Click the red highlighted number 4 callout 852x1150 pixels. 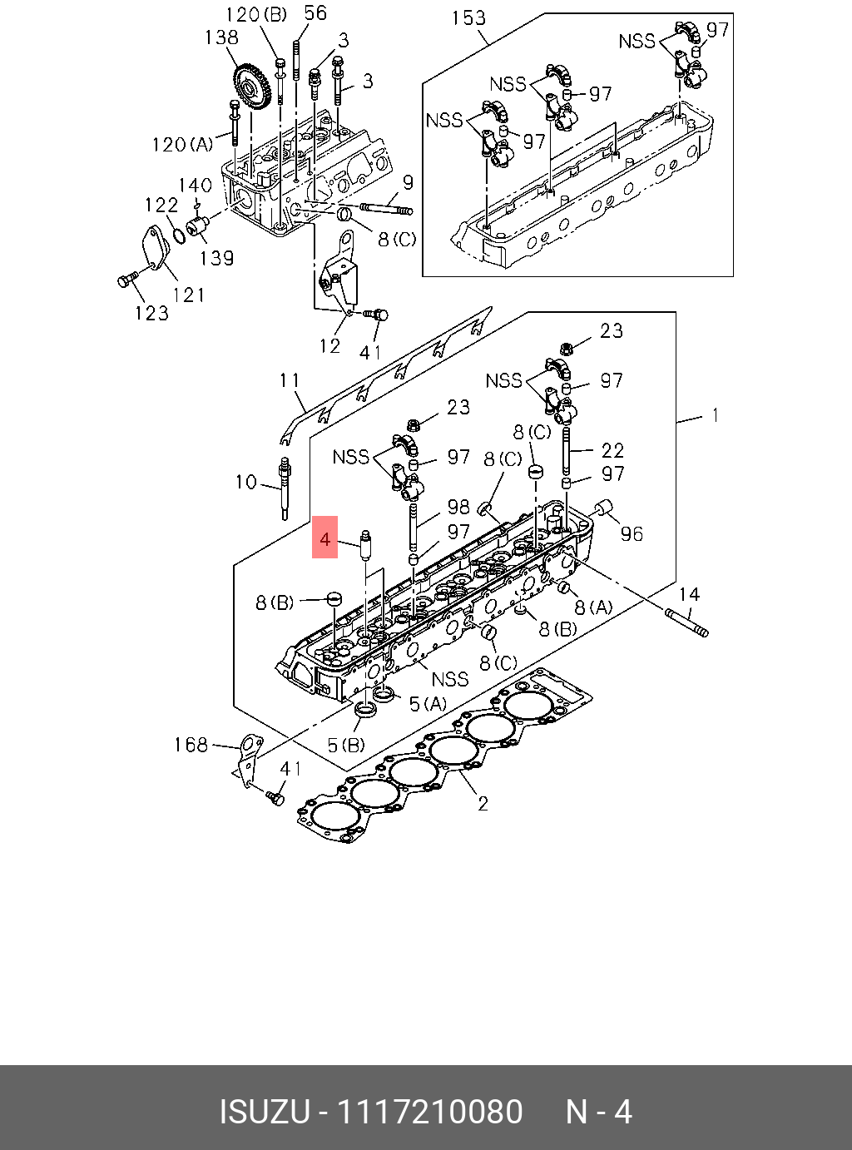click(324, 538)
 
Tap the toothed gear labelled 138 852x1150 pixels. click(251, 87)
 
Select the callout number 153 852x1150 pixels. click(468, 17)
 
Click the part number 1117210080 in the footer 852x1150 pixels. click(428, 1112)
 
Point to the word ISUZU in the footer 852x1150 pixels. click(265, 1112)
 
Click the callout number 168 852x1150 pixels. click(190, 744)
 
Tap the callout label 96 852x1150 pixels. click(632, 533)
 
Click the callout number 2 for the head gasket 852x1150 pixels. click(483, 804)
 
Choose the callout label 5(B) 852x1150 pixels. click(346, 745)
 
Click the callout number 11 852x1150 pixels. click(290, 380)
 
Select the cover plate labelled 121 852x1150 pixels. click(156, 250)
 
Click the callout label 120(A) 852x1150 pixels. click(182, 144)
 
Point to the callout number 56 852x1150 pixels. click(315, 12)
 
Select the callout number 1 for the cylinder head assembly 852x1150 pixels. click(715, 414)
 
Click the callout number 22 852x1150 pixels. click(612, 450)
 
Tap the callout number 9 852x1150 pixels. click(408, 182)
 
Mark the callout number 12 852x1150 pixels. click(330, 345)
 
